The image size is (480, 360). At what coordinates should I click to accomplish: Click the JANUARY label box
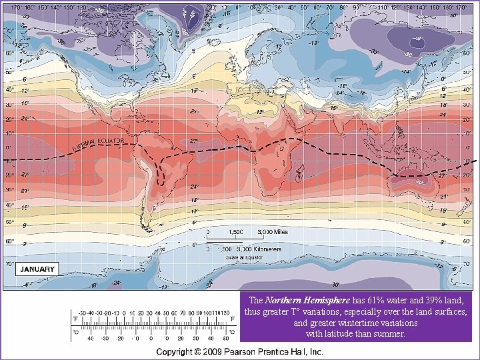pyautogui.click(x=37, y=269)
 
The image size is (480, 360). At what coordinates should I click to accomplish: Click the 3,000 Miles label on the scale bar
pyautogui.click(x=272, y=233)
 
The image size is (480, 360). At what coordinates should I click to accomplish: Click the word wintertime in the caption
pyautogui.click(x=355, y=323)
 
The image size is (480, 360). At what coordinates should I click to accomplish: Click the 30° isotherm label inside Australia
pyautogui.click(x=419, y=181)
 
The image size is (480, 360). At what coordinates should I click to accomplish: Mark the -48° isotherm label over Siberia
pyautogui.click(x=417, y=39)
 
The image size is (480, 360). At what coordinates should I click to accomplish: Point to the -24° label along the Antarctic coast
pyautogui.click(x=117, y=282)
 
